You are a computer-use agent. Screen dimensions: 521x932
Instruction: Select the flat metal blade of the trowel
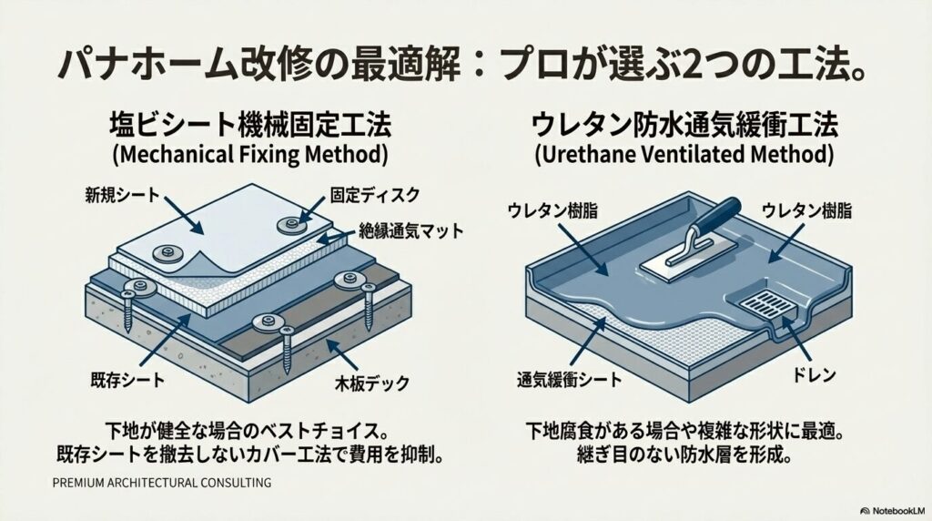[x=679, y=262]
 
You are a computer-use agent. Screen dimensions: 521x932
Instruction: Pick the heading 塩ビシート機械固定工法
[x=248, y=125]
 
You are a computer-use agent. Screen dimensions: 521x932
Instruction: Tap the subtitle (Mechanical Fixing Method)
[x=248, y=154]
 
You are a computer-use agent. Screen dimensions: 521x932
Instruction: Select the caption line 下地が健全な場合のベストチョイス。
[x=248, y=427]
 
